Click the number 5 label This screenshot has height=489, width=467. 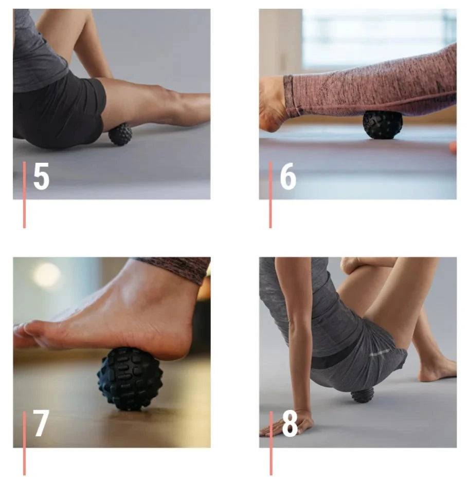tap(41, 176)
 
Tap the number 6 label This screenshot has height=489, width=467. tap(288, 176)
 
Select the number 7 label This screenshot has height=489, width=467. tap(41, 423)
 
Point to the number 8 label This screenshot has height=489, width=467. tap(290, 423)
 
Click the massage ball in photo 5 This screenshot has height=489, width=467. tap(120, 135)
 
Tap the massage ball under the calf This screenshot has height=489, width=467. tap(382, 125)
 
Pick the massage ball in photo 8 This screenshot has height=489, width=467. tap(362, 396)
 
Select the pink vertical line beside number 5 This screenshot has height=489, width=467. tap(24, 195)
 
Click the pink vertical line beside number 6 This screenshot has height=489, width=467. tap(271, 195)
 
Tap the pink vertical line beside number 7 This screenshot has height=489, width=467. tap(24, 443)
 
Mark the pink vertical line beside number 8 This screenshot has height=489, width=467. tap(271, 443)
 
